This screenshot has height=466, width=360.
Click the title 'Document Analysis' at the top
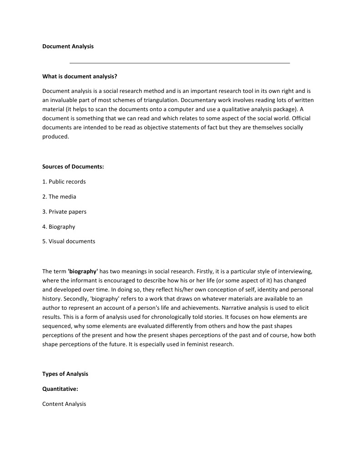[68, 46]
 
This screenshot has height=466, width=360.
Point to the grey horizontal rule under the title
[180, 63]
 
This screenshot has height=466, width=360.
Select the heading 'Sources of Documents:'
[73, 167]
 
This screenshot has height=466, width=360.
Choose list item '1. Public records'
[64, 182]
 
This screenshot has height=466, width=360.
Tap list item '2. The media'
[59, 197]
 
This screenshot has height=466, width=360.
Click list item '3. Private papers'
[64, 212]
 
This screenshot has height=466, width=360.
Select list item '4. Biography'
[59, 227]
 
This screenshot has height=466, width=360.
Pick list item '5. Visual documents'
[69, 242]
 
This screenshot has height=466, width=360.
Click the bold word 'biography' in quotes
[83, 271]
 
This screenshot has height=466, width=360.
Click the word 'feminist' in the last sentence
[191, 344]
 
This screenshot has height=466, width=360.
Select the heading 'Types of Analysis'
[65, 374]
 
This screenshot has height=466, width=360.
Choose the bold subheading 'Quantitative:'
[60, 389]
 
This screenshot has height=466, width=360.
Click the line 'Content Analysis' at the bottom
[64, 404]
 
